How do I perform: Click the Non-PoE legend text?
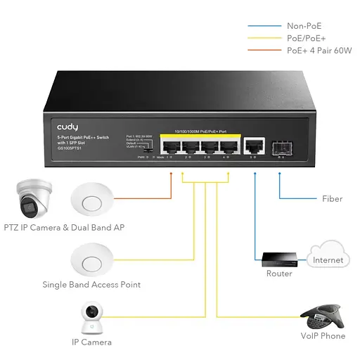click(x=303, y=26)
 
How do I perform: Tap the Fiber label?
click(x=332, y=199)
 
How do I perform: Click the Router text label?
click(x=278, y=274)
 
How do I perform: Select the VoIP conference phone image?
click(x=323, y=315)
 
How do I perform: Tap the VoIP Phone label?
click(x=323, y=336)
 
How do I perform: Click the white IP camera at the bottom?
click(x=91, y=318)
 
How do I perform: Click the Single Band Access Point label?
click(x=91, y=285)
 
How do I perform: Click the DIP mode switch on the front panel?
click(x=148, y=150)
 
